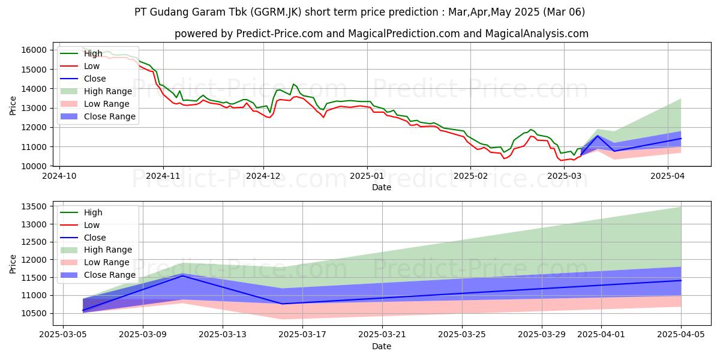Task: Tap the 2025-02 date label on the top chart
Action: click(x=470, y=176)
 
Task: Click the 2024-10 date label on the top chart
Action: click(x=59, y=176)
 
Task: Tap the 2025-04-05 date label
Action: click(x=681, y=335)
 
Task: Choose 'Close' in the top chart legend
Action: click(x=95, y=79)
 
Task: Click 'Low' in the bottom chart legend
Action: click(x=92, y=225)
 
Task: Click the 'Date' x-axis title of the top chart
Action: click(x=382, y=187)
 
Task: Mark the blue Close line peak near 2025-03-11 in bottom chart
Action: click(x=182, y=275)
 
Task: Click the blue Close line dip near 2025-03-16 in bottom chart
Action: click(x=282, y=304)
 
